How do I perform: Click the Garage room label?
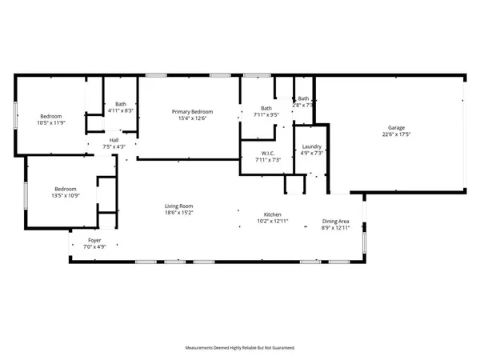click(x=397, y=128)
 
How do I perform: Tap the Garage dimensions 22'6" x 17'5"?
click(x=397, y=134)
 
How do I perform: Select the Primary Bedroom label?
click(x=192, y=111)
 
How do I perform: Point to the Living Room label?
click(x=179, y=206)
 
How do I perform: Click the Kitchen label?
click(x=274, y=214)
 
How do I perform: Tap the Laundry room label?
click(x=311, y=146)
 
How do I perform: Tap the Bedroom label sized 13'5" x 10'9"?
click(x=65, y=189)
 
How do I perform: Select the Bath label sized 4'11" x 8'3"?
click(x=120, y=103)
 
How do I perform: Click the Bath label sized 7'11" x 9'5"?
click(x=266, y=108)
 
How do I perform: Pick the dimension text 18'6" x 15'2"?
click(x=179, y=212)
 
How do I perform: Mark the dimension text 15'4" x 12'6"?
click(x=192, y=118)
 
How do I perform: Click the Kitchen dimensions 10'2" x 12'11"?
click(x=274, y=221)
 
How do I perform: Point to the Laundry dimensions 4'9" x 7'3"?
click(x=311, y=153)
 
